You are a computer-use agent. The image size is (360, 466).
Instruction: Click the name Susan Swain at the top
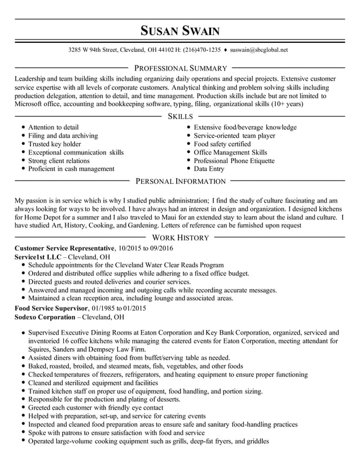(x=180, y=30)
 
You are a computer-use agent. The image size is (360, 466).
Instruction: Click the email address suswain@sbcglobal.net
(x=259, y=50)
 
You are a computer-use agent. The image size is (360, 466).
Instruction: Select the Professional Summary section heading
(x=180, y=68)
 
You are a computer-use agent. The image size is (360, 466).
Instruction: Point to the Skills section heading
(x=180, y=116)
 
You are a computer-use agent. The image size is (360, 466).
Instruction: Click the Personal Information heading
(x=180, y=182)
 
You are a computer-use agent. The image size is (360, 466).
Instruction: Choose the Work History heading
(x=180, y=238)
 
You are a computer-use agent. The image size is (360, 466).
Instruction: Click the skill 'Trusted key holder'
(x=55, y=144)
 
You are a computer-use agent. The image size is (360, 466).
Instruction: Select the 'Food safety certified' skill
(x=222, y=144)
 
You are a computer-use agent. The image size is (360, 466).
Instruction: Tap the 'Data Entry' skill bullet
(x=209, y=169)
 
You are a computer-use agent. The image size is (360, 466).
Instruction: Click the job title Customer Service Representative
(x=64, y=248)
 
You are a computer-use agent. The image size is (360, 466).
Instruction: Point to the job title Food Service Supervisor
(x=51, y=309)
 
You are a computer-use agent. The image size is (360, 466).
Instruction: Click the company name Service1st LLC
(x=37, y=257)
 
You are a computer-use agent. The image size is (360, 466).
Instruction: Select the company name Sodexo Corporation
(x=43, y=317)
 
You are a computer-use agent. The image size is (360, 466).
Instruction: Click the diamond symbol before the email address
(x=225, y=50)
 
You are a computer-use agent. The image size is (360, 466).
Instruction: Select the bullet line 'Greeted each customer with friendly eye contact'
(x=95, y=407)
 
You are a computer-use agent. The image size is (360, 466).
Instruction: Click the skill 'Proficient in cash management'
(x=71, y=169)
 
